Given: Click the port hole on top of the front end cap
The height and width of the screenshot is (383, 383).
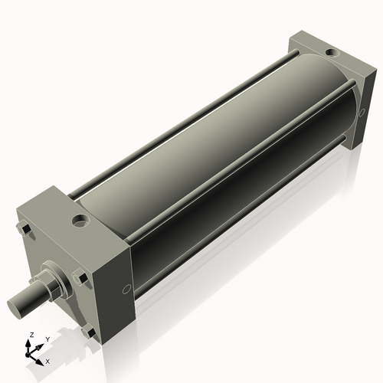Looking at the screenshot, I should click(79, 223).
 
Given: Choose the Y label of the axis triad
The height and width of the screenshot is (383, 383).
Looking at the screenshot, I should click(47, 339).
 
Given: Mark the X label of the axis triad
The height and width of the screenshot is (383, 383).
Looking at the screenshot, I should click(47, 359).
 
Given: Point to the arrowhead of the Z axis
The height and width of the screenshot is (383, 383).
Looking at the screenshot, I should click(31, 342).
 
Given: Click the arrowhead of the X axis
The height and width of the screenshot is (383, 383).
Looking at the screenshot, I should click(41, 357).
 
